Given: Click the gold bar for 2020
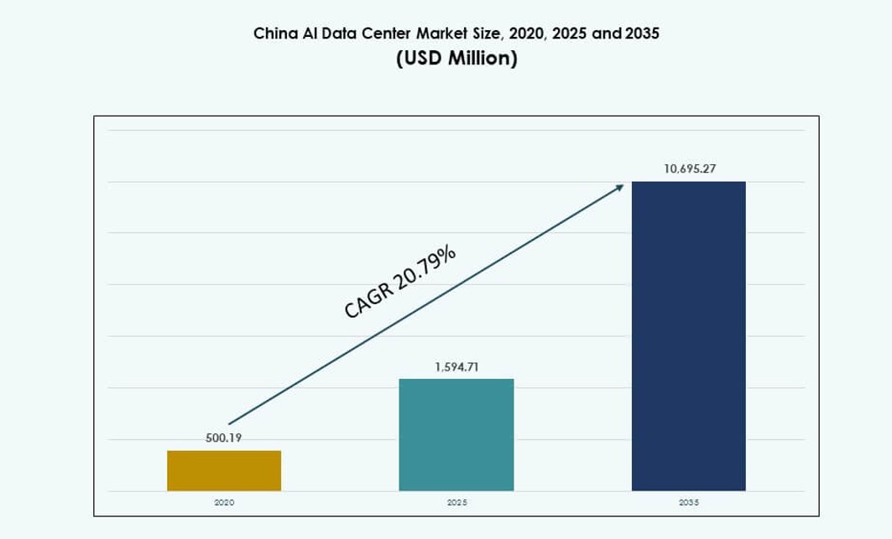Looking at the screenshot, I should pos(224,470).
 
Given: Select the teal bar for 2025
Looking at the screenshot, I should pos(456,434).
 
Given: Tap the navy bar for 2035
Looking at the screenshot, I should pos(688,335).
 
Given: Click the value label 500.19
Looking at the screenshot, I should pos(223,438).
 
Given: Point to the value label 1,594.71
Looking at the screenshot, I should pos(456,367).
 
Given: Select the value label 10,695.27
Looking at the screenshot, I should pos(689,168).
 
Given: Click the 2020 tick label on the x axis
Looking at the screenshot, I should pos(224,502).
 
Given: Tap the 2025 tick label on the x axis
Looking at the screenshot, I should pos(456,502).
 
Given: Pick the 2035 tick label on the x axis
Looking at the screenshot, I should pos(689,502).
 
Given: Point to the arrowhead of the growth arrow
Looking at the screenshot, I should pos(620,186).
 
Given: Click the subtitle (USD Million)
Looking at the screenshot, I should pos(456,59).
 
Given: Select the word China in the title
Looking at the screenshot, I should pos(271,34).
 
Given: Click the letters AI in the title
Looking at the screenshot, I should pos(304,34).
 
